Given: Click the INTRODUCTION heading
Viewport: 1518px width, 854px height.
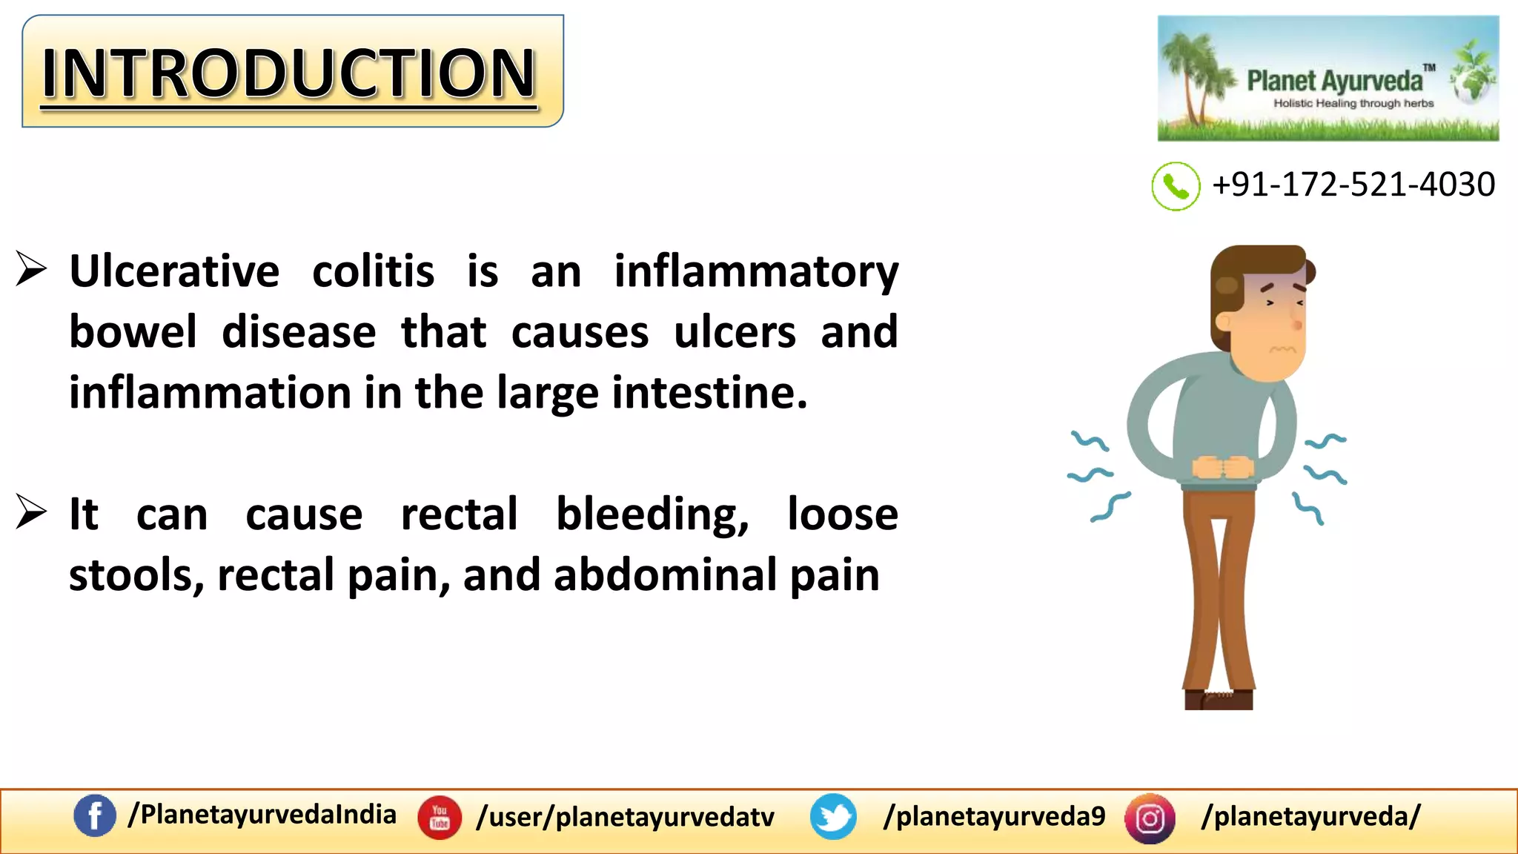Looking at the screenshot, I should [x=289, y=73].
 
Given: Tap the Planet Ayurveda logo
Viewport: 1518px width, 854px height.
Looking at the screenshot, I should [x=1328, y=79].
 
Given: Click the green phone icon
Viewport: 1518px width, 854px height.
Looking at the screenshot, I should [x=1176, y=186].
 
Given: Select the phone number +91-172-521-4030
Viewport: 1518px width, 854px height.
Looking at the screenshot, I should [x=1353, y=185].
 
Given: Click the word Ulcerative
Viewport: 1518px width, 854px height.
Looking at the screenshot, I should [x=174, y=271].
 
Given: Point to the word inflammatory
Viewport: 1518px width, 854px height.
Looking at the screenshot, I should [x=756, y=271].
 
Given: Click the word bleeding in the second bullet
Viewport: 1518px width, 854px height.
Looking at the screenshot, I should [x=652, y=514].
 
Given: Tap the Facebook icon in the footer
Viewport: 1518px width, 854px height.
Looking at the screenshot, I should [x=95, y=816].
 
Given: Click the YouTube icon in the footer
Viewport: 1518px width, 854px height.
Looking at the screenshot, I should [x=440, y=818].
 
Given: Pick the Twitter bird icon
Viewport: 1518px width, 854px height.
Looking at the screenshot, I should [x=833, y=817].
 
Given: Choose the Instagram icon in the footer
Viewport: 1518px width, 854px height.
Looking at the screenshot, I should [x=1150, y=818].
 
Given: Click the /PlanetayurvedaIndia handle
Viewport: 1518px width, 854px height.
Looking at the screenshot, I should [x=262, y=815].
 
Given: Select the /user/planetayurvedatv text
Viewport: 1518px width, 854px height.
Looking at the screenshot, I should [x=626, y=817].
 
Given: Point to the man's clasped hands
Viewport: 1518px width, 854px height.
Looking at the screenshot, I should [x=1222, y=467].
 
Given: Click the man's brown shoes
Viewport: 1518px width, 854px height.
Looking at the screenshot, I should [x=1219, y=699].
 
